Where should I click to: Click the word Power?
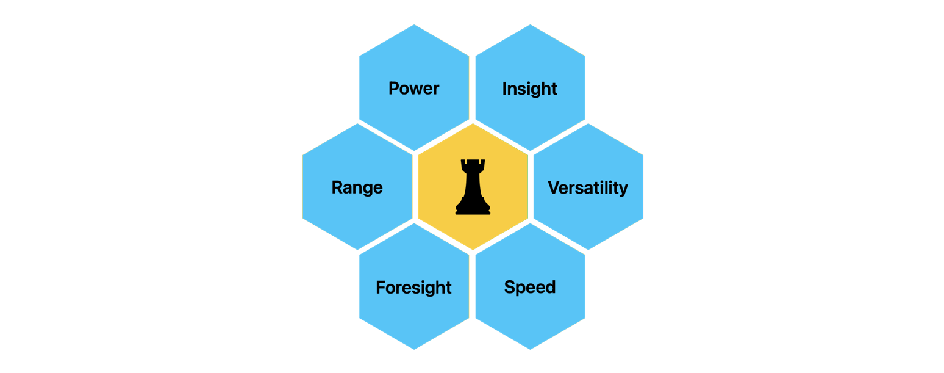pos(413,89)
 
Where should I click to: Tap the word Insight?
pos(529,89)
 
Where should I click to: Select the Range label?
pos(357,187)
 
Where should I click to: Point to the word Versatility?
pos(588,187)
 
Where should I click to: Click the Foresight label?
pos(413,287)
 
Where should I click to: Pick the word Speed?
pos(529,287)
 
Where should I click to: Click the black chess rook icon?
pos(473,187)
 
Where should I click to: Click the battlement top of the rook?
pos(473,164)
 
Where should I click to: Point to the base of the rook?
pos(473,211)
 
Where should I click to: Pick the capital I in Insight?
pos(504,89)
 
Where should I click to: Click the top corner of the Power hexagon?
pos(414,24)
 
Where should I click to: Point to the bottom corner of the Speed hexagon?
pos(530,350)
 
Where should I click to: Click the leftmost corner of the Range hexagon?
pos(302,187)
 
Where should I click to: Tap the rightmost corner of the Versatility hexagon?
pos(643,187)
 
